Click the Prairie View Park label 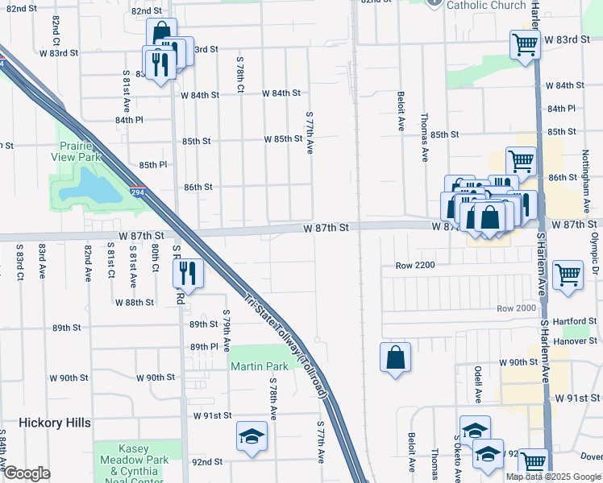[79, 151]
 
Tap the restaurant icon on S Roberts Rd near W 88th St [188, 274]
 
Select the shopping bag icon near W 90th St [395, 358]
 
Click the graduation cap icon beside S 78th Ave [252, 436]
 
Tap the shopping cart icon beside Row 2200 [568, 275]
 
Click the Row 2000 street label [516, 308]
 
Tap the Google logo [27, 473]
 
